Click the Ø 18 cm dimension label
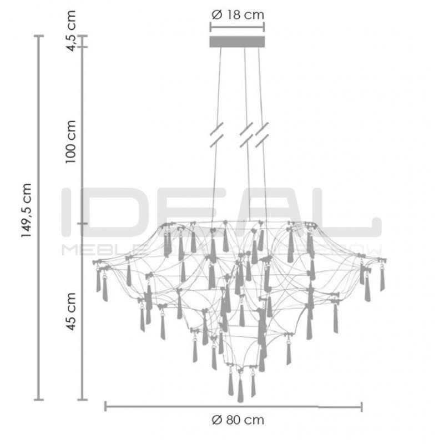[237, 15]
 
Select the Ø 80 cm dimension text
[238, 420]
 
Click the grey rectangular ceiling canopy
[237, 42]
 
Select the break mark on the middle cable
[246, 135]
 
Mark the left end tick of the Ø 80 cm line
[105, 407]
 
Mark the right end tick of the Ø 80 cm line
[362, 407]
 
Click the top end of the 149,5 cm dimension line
[39, 36]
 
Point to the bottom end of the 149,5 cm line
[39, 399]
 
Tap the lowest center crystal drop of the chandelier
[240, 389]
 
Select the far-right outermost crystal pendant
[382, 280]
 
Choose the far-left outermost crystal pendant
[98, 280]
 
